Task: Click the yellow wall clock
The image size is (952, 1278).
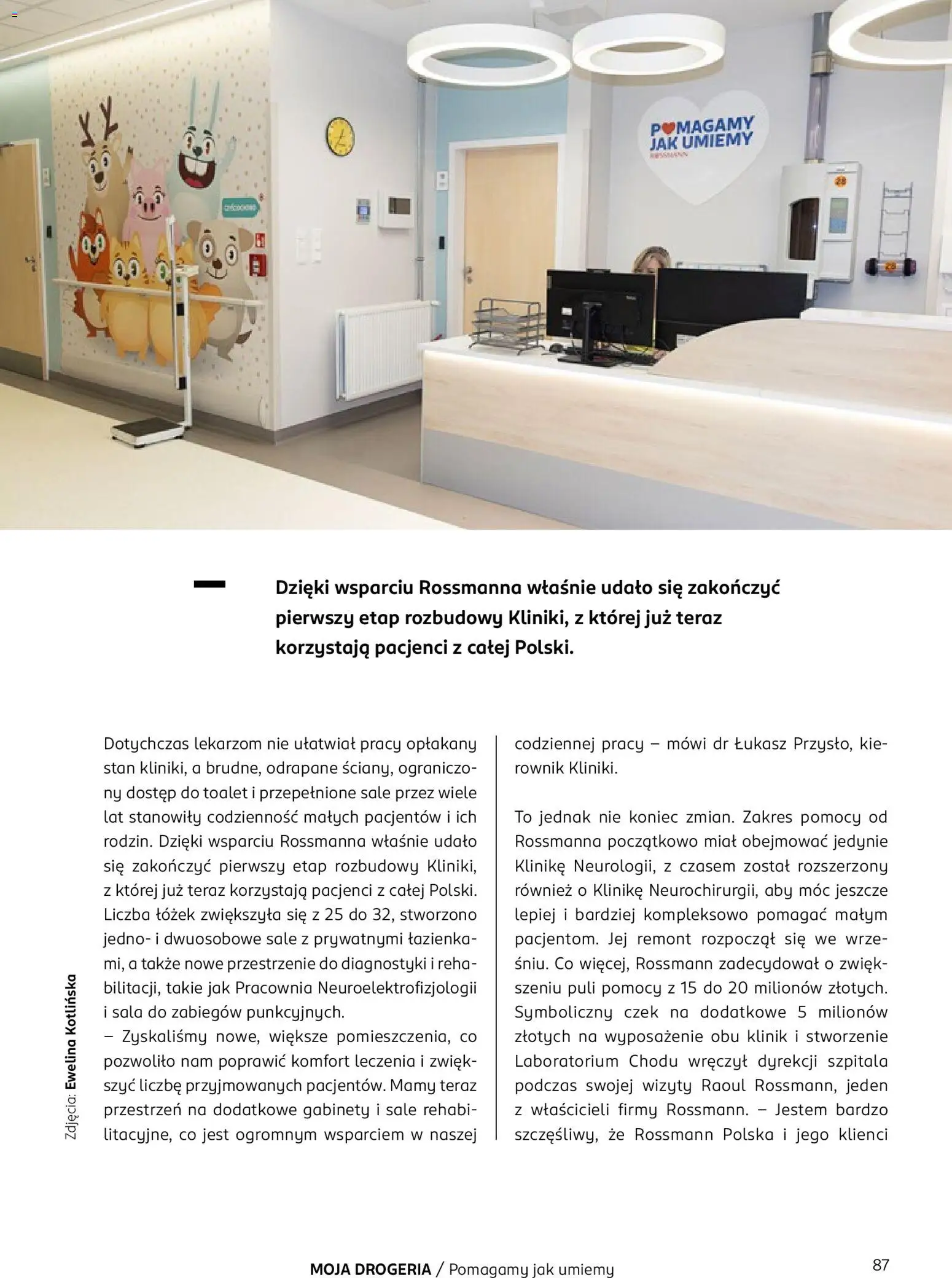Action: coord(340,135)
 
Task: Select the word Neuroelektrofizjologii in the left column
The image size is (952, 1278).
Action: coord(397,988)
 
